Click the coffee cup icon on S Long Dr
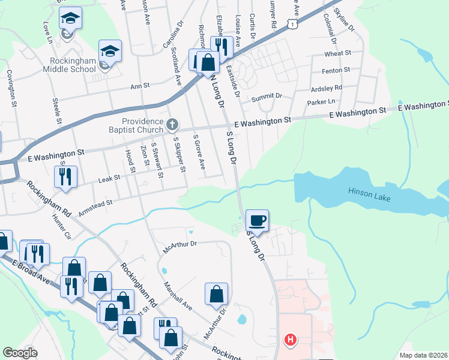(x=258, y=221)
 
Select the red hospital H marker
(x=291, y=340)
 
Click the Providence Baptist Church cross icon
(x=172, y=125)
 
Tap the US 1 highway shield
(x=292, y=23)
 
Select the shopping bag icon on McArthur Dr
(x=216, y=294)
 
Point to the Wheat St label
(x=337, y=53)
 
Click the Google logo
(x=20, y=353)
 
